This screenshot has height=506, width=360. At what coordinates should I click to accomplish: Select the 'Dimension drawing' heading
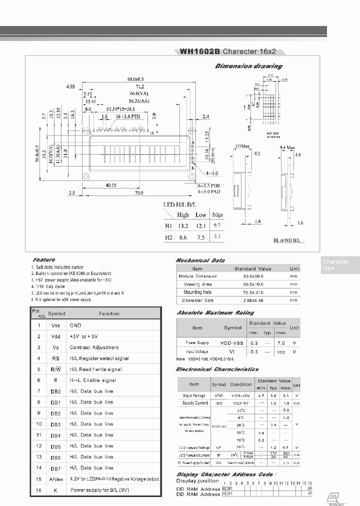click(248, 66)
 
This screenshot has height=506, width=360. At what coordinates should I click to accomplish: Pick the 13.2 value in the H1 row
click(182, 226)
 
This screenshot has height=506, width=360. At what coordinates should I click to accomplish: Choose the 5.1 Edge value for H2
click(217, 237)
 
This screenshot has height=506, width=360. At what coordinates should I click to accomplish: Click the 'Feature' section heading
click(44, 260)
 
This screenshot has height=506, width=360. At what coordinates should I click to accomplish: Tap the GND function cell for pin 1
click(75, 325)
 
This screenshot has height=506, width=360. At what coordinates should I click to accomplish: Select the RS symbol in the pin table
click(55, 358)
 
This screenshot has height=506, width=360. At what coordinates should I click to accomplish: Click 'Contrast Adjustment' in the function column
click(94, 347)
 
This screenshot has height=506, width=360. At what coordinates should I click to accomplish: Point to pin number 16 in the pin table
click(38, 490)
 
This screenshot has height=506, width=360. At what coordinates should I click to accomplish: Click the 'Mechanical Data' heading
click(200, 260)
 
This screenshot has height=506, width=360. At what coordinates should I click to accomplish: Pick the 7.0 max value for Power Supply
click(280, 343)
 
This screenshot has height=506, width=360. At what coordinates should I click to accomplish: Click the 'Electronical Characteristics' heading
click(217, 369)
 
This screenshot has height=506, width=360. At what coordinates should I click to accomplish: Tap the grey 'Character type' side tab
click(335, 265)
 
